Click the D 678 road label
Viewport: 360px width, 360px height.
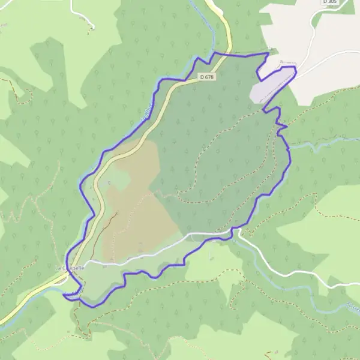[x=207, y=77]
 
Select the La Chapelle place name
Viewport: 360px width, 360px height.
[x=70, y=267]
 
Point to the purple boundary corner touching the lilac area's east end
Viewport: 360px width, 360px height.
[x=296, y=70]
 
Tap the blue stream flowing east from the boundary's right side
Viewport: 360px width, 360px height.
[x=318, y=144]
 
